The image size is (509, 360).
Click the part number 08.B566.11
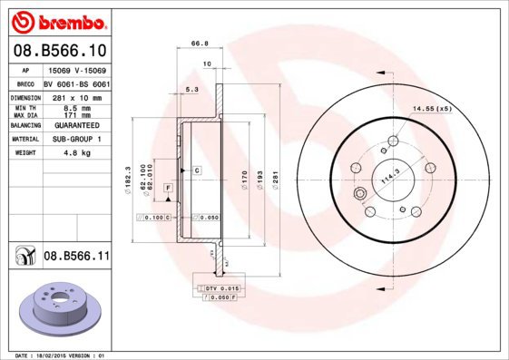coord(77,258)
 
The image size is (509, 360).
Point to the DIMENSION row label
coord(26,95)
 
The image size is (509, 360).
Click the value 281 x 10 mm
coord(76,95)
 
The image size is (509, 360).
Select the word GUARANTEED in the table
coord(76,125)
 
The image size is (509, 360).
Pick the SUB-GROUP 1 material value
coord(76,140)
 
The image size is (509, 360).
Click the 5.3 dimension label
coord(191,90)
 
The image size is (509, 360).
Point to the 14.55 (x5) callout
coord(432,109)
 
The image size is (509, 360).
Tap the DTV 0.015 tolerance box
coord(218,287)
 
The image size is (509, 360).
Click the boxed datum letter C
coord(196,170)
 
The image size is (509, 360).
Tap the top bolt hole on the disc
coord(392,141)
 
